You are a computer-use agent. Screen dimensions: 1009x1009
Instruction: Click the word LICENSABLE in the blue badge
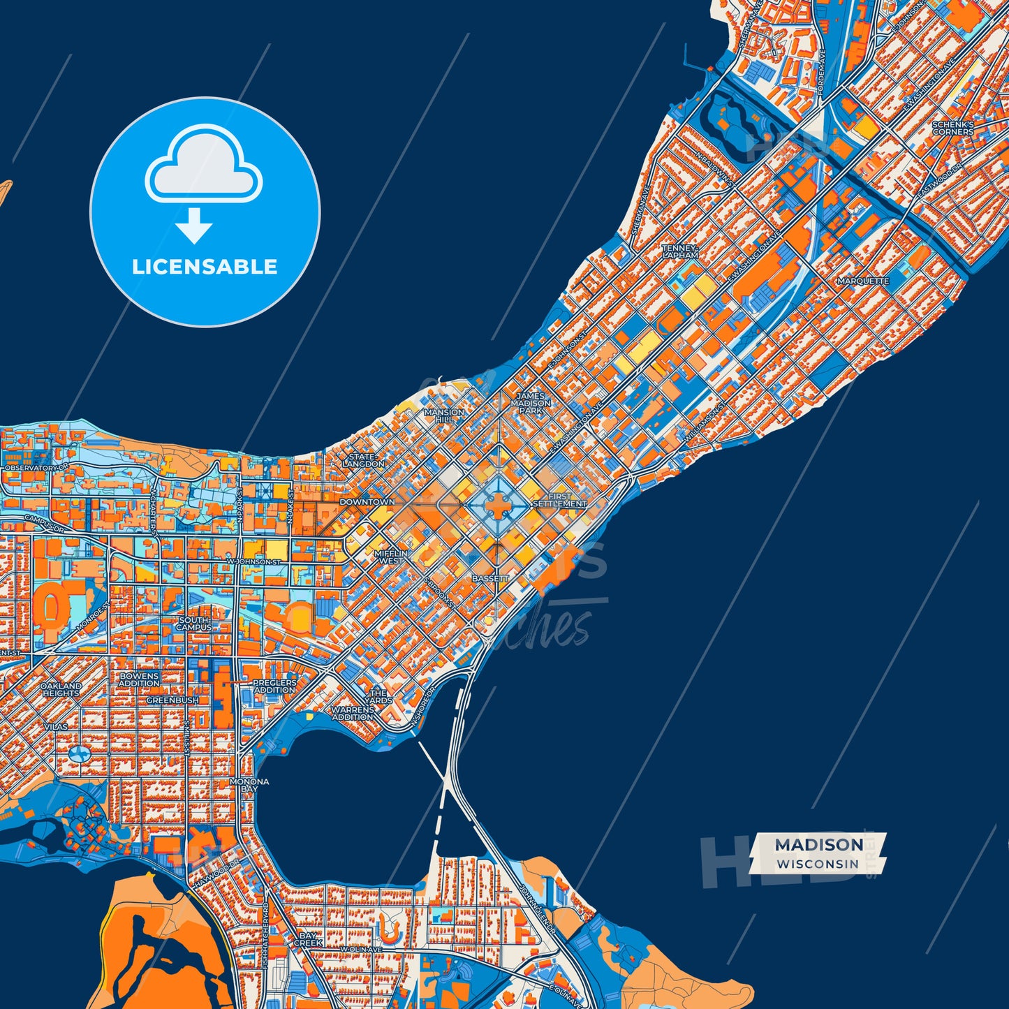click(x=205, y=267)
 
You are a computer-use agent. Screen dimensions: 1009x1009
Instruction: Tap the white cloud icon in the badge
click(x=203, y=165)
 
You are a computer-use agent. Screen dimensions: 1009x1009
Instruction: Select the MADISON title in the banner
click(x=818, y=845)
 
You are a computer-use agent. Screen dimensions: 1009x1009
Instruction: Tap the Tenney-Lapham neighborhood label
click(x=679, y=252)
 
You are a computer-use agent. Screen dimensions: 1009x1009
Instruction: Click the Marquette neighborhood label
click(x=863, y=281)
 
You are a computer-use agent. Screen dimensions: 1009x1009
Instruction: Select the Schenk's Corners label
click(x=952, y=128)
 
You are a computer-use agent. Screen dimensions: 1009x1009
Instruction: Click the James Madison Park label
click(x=531, y=404)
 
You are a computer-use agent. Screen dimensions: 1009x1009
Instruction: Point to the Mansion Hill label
click(x=444, y=415)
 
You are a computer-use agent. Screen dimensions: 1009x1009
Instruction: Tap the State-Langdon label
click(x=363, y=460)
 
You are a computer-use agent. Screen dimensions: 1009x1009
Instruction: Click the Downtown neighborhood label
click(x=367, y=502)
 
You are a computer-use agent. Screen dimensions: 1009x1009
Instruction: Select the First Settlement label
click(x=559, y=500)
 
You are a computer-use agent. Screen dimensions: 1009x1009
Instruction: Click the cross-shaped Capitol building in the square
click(x=497, y=507)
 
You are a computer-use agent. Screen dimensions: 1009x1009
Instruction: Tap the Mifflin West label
click(x=390, y=557)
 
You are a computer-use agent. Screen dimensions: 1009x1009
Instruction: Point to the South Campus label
click(x=193, y=624)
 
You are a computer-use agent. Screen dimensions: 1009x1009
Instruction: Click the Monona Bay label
click(x=249, y=785)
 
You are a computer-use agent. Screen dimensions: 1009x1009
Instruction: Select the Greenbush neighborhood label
click(x=172, y=700)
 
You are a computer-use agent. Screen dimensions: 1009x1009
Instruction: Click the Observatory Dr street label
click(x=36, y=467)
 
